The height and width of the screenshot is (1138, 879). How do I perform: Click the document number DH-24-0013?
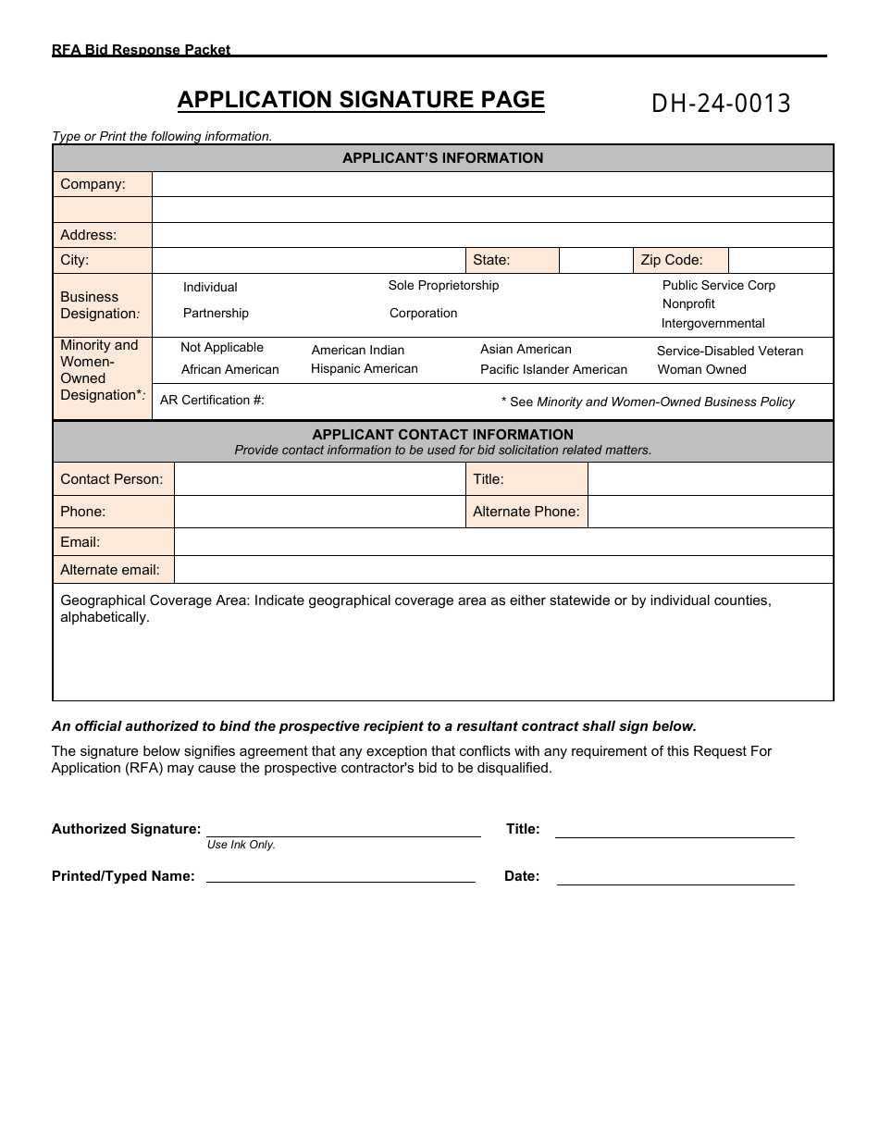tap(721, 104)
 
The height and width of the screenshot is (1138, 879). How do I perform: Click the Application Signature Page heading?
tap(361, 100)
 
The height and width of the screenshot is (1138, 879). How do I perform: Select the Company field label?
tap(93, 184)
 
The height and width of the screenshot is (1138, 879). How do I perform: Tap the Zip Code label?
tap(672, 260)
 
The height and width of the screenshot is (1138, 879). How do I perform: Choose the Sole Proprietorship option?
tap(443, 285)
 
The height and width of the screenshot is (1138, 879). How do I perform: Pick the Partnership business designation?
tap(216, 313)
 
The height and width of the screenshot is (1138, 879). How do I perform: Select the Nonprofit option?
tap(688, 303)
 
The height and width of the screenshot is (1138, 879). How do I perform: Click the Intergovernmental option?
tap(712, 323)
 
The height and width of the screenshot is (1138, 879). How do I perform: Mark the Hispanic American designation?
tap(364, 368)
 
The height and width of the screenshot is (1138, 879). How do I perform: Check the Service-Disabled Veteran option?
tap(729, 351)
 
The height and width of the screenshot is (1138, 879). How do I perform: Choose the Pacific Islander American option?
tap(553, 369)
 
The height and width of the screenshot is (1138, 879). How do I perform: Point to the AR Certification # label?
tap(212, 400)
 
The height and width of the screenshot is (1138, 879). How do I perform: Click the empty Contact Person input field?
tap(319, 479)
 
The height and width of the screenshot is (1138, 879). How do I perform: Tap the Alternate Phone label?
tap(526, 512)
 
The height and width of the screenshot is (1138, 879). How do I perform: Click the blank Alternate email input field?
tap(503, 570)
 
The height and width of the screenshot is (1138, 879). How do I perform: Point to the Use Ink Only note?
tap(241, 845)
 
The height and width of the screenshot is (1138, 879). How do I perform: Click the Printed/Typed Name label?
tap(123, 876)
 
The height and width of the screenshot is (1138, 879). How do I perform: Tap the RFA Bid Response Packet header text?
tap(141, 50)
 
